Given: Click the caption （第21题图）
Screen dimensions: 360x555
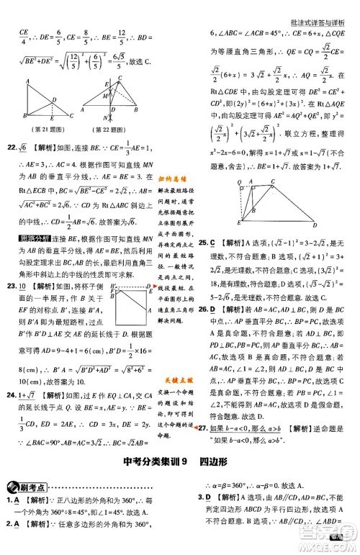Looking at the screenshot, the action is click(42, 128).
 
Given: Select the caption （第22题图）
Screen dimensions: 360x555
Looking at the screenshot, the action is click(107, 128).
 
